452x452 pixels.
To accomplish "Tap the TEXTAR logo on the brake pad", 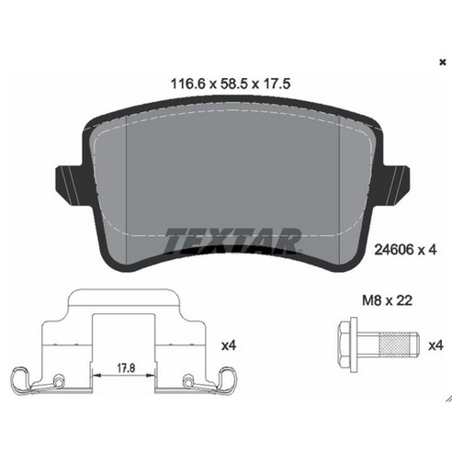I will tap(232, 241).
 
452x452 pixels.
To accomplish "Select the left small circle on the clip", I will tap(58, 379).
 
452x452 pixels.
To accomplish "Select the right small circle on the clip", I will tap(188, 379).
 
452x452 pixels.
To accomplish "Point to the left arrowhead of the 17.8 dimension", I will tap(96, 375).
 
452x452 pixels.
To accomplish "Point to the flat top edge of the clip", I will tap(124, 293).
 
